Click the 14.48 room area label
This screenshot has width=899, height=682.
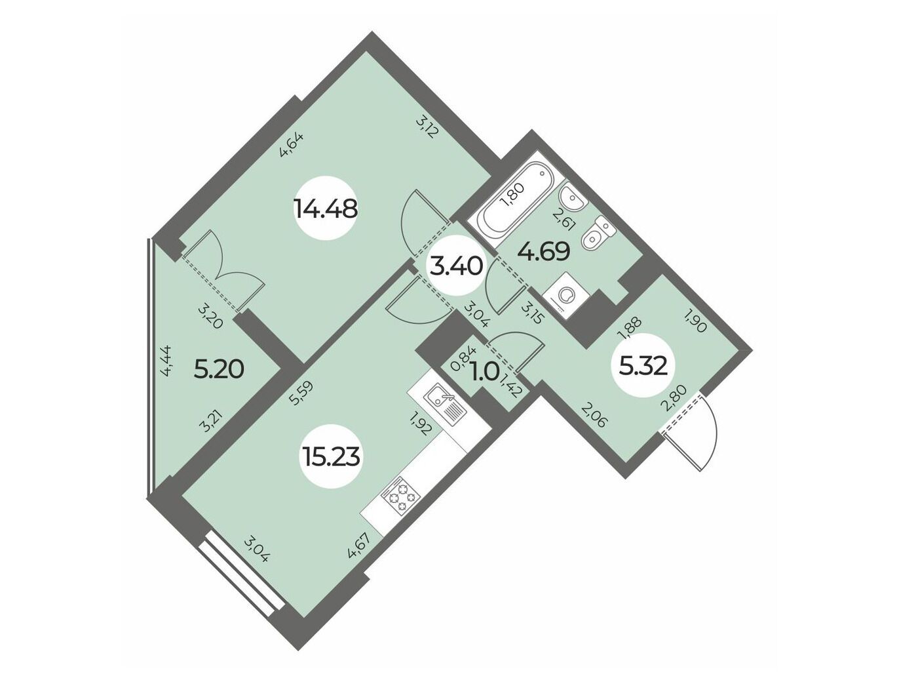[326, 209]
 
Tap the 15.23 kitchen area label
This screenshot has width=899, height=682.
[331, 456]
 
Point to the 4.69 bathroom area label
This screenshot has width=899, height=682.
[543, 251]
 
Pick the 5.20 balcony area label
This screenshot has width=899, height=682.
[219, 370]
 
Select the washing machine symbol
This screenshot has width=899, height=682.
[565, 295]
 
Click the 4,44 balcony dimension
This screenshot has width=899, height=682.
[167, 360]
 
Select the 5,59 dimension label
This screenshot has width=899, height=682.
[301, 393]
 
